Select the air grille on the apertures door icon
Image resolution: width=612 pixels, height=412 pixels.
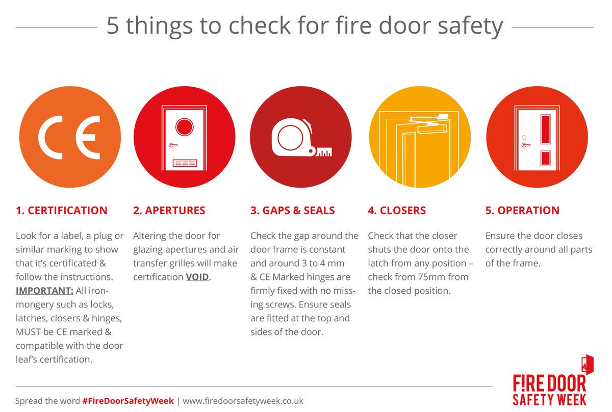[184, 163]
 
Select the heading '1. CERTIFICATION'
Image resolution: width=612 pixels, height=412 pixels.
[62, 210]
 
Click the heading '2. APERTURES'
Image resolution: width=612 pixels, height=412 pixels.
[169, 210]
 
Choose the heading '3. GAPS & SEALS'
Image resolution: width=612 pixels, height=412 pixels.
[293, 210]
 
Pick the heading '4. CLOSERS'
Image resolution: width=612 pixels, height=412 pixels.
[397, 210]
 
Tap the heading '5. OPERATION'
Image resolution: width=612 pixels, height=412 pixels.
[522, 210]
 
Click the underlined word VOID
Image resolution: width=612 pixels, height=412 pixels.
[197, 277]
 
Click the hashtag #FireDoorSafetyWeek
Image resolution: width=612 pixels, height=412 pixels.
[127, 401]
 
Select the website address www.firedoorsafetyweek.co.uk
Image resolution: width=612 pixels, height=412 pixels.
[243, 401]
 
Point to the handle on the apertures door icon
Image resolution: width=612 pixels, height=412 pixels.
[173, 145]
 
